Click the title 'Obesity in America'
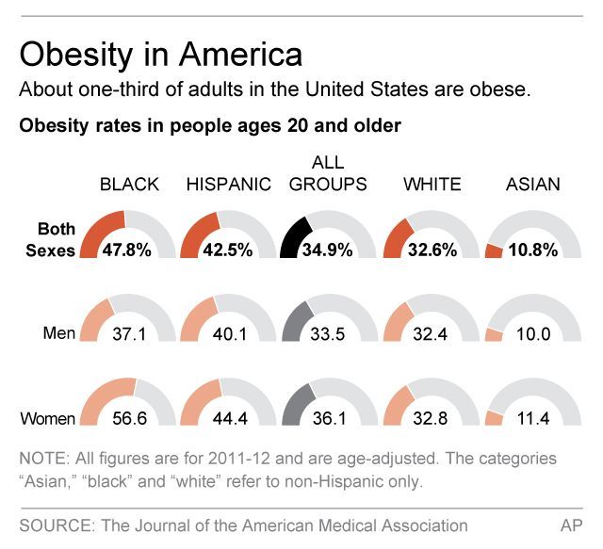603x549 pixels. point(161,54)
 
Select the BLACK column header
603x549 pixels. point(129,185)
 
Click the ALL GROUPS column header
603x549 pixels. point(328,174)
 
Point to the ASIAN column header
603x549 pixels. point(532,185)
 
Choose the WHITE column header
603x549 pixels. point(432,185)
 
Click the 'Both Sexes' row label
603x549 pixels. point(56,240)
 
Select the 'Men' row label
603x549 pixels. point(59,332)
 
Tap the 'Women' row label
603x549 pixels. point(49,417)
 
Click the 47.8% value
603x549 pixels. point(129,250)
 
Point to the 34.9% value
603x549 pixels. point(328,250)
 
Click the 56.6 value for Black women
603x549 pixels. point(129,417)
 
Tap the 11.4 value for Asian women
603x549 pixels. point(533,417)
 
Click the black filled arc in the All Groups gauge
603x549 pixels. point(295,237)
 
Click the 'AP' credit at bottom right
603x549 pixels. point(571,525)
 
